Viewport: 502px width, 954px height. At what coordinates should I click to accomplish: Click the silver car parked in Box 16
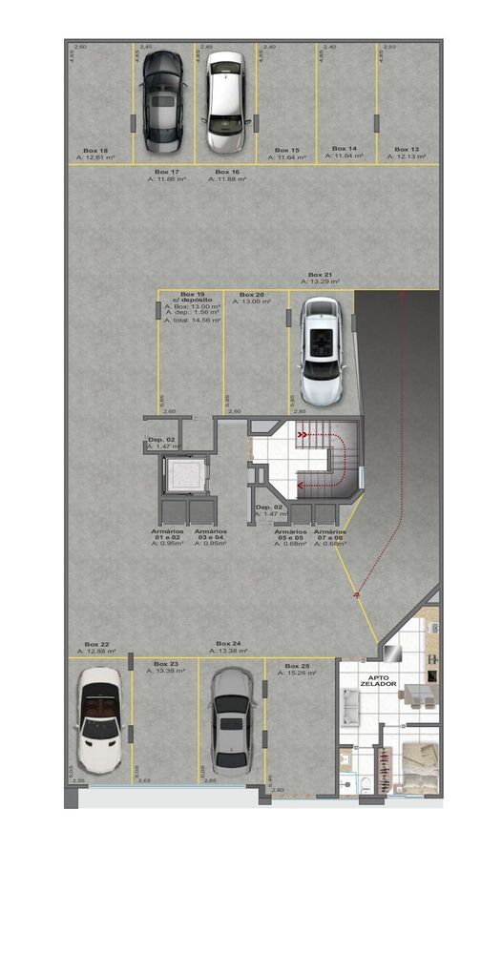point(225,103)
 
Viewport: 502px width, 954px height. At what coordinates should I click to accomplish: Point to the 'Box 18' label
point(95,150)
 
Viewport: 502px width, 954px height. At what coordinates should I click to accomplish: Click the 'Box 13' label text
point(407,150)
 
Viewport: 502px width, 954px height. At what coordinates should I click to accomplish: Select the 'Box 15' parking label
point(287,150)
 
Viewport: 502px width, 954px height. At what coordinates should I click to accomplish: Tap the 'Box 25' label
point(297,665)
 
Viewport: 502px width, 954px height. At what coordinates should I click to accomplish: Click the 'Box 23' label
point(165,663)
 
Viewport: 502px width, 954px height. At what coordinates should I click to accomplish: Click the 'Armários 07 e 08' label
point(330,536)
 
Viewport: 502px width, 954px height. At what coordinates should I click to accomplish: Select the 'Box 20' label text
point(252,295)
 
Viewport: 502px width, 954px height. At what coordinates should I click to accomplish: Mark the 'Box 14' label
point(345,149)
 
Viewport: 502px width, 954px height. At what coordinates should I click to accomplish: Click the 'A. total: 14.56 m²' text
point(192,321)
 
